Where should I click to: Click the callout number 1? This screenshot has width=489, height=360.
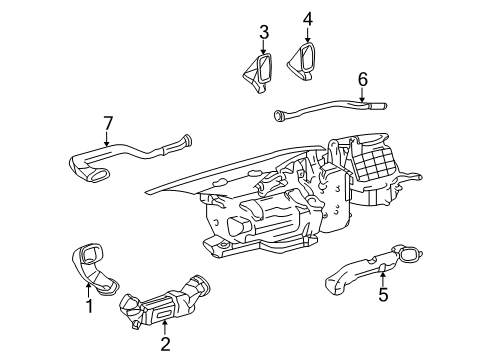coord(89,306)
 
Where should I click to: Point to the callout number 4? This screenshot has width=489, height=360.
coord(308,18)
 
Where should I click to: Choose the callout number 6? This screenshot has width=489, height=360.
coord(363,78)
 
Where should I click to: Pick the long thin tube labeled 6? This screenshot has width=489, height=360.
coord(330,105)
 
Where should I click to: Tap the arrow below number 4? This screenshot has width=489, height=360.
coord(308,36)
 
